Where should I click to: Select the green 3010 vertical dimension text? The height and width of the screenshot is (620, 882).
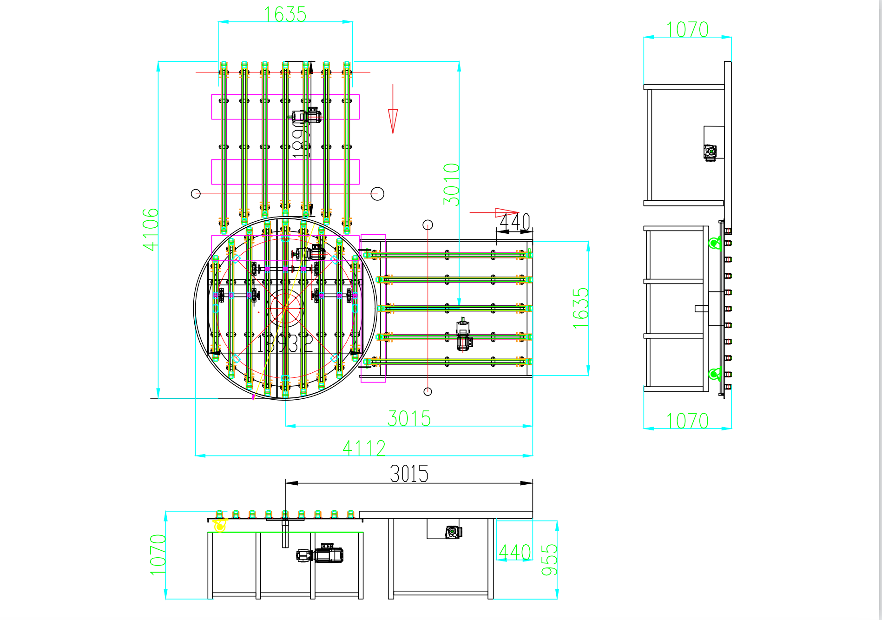(451, 184)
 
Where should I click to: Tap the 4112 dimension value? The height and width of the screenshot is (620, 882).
(364, 448)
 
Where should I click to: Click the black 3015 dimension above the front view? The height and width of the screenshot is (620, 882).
(409, 474)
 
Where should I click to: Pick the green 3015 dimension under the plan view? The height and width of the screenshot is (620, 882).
(409, 418)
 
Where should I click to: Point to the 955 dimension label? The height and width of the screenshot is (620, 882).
(549, 560)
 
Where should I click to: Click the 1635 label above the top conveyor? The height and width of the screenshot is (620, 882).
(285, 14)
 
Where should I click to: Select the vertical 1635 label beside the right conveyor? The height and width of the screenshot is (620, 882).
(580, 308)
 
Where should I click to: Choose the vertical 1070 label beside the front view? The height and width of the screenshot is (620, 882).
(158, 554)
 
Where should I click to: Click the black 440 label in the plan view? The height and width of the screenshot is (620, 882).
(514, 222)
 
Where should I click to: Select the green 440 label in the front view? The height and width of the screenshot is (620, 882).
(514, 552)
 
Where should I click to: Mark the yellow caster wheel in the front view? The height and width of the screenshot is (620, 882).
(220, 526)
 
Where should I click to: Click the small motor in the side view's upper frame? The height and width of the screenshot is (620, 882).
(710, 152)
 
